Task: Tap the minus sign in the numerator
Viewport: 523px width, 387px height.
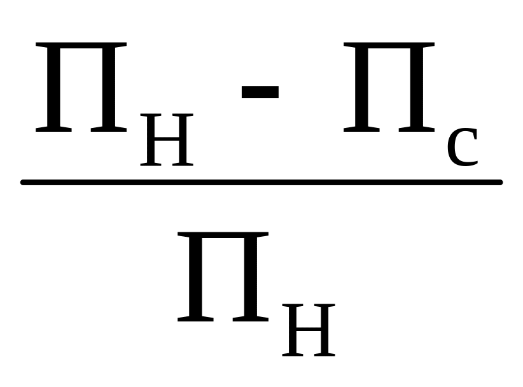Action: click(x=260, y=90)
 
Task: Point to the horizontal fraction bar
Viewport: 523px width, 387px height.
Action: click(x=261, y=183)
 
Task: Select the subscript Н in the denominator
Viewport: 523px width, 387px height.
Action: click(x=309, y=330)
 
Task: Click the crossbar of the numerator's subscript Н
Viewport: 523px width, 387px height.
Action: click(x=167, y=139)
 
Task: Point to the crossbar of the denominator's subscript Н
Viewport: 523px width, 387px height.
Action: click(x=309, y=330)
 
